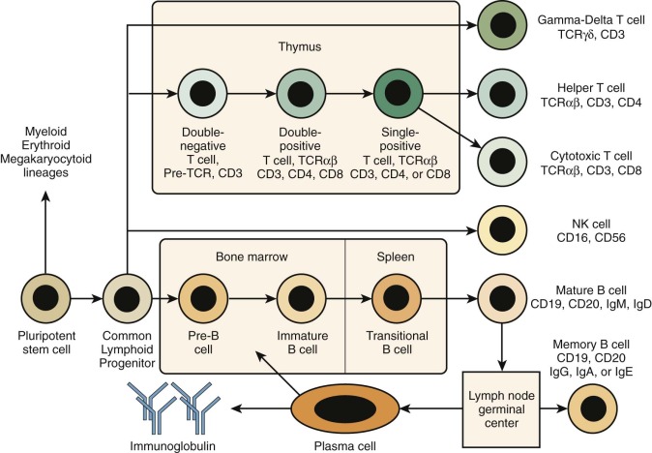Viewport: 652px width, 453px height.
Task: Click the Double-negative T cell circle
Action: point(200,95)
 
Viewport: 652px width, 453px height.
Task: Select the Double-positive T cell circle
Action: point(298,95)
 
